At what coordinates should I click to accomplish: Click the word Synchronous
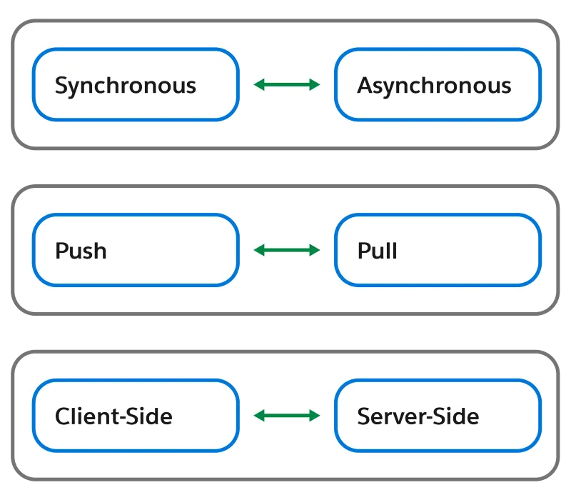click(125, 86)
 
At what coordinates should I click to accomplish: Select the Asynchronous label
click(434, 86)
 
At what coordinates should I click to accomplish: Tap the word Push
click(81, 251)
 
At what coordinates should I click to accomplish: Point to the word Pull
click(377, 251)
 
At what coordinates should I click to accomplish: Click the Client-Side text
click(113, 416)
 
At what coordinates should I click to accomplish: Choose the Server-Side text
click(418, 416)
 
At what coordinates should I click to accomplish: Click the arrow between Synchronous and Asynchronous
click(287, 85)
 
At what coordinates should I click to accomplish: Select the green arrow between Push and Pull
click(287, 250)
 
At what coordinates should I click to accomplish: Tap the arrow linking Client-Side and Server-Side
click(287, 415)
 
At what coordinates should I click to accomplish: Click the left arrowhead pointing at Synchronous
click(259, 85)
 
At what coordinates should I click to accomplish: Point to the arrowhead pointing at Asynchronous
click(315, 85)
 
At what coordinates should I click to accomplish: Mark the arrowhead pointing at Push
click(259, 250)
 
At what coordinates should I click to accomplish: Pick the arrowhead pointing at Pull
click(315, 250)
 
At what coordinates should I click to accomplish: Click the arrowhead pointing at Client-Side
click(259, 415)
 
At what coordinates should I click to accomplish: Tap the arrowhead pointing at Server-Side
click(315, 415)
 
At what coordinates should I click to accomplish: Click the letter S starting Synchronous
click(61, 86)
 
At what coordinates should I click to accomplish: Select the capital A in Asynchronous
click(364, 86)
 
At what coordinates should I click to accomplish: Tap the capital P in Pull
click(363, 251)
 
